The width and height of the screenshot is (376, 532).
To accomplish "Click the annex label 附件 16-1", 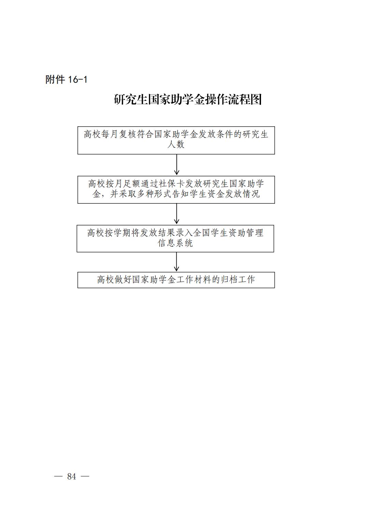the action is click(66, 80).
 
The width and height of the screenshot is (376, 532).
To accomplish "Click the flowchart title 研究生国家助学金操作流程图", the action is click(188, 100).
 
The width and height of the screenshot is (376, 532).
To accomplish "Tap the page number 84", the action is click(72, 476).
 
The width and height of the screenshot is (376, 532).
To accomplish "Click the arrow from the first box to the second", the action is click(176, 165).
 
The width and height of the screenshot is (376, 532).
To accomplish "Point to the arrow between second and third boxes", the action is click(176, 214).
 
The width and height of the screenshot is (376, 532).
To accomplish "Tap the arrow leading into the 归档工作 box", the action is click(176, 262).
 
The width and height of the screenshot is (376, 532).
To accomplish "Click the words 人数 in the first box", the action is click(176, 144).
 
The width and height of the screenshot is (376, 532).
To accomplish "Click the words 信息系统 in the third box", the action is click(175, 243).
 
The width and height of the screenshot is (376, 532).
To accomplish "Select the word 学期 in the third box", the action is click(122, 233).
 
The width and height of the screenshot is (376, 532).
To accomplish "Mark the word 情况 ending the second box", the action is click(251, 194).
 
